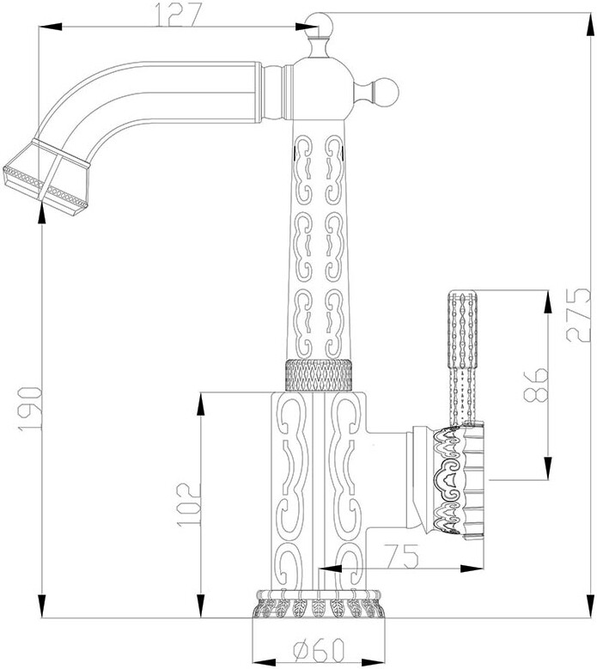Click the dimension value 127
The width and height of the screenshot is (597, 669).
tap(177, 14)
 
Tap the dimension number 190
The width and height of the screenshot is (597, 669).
tap(30, 408)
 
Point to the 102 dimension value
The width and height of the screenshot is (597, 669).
tap(188, 505)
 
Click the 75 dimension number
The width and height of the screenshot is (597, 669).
tap(400, 556)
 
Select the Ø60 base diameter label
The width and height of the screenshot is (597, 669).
tap(319, 650)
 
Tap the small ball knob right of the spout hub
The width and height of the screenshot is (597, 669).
tap(387, 91)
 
